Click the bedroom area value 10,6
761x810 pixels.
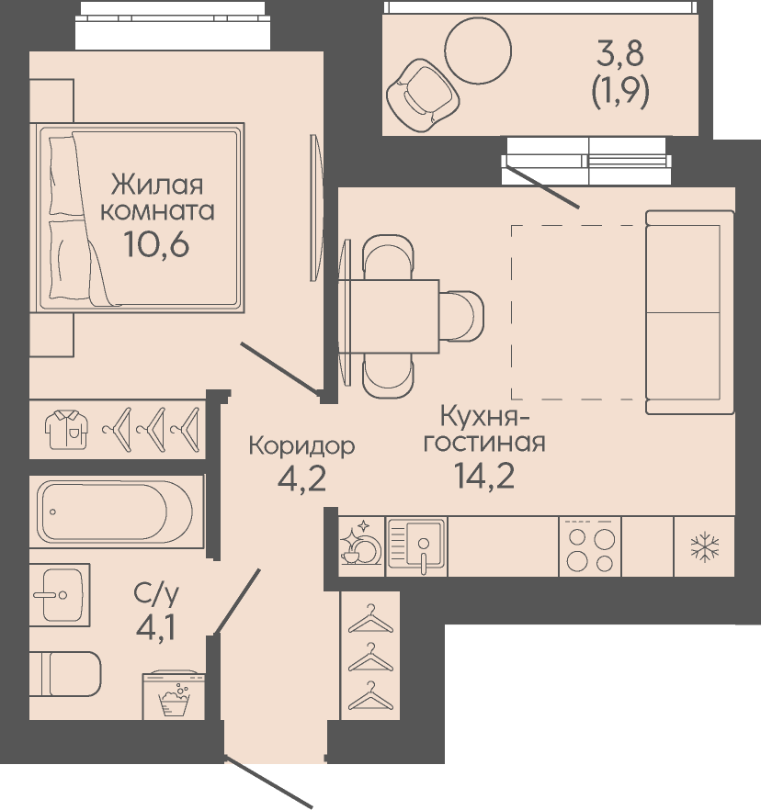(156, 244)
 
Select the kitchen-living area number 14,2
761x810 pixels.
(484, 476)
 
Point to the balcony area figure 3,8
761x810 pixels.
(620, 53)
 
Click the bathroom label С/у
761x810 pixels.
(156, 596)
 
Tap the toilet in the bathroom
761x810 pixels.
(65, 674)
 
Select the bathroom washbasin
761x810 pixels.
(60, 594)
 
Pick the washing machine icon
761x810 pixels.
(175, 694)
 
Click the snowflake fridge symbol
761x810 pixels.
(705, 547)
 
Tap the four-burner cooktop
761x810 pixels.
(590, 547)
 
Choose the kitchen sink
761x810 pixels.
(416, 546)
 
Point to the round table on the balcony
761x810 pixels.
(478, 51)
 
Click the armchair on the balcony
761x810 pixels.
(423, 96)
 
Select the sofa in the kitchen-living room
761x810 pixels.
(689, 312)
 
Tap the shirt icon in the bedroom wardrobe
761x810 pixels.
(66, 429)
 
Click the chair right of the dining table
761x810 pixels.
(461, 316)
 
